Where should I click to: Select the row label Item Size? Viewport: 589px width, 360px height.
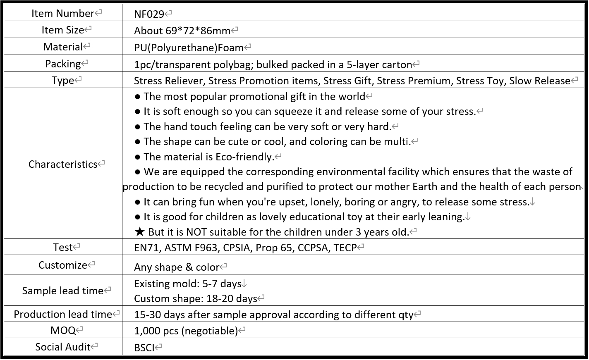tap(62, 30)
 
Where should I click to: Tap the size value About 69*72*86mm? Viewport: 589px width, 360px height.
tap(182, 31)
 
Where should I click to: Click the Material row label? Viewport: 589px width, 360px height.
tap(63, 47)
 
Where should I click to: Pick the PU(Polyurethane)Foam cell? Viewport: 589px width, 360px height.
tap(189, 48)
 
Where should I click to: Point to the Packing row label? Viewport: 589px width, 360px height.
tap(63, 64)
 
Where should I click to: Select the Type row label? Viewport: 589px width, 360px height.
tap(63, 80)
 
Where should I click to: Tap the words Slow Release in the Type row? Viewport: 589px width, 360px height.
tap(539, 81)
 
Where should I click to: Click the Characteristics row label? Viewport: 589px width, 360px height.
tap(63, 164)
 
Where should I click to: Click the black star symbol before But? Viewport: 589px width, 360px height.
tap(139, 232)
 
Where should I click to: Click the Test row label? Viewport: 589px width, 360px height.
tap(63, 247)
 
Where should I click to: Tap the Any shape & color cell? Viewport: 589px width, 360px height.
tap(177, 267)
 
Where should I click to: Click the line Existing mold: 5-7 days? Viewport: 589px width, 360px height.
tap(187, 284)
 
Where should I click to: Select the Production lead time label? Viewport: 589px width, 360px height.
tap(63, 314)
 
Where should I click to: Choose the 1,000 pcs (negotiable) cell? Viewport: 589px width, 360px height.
tap(186, 331)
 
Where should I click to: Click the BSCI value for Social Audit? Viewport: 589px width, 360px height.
tap(144, 347)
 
